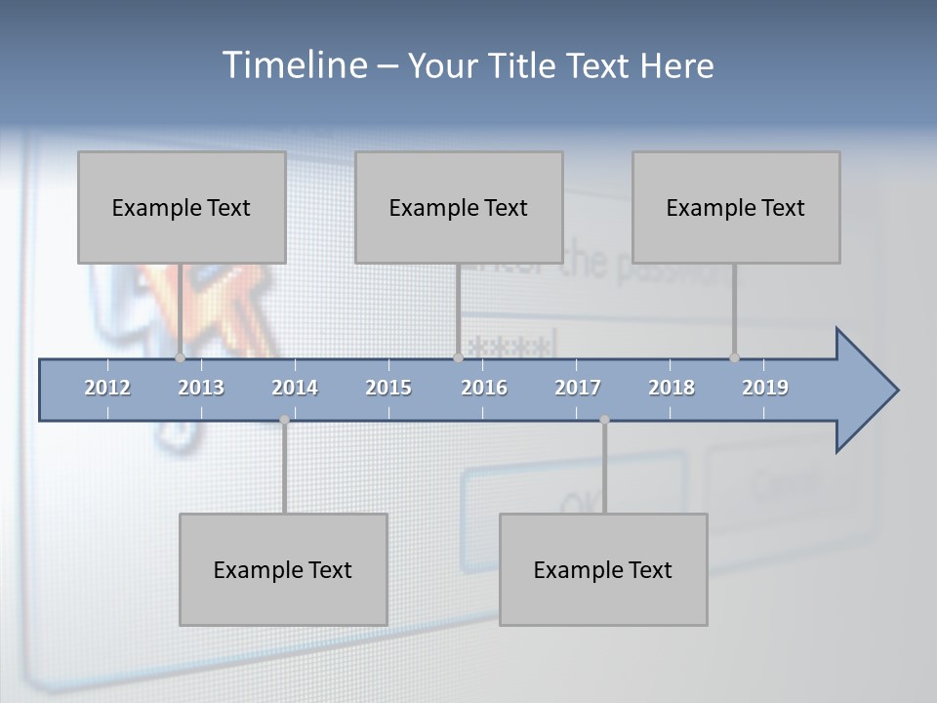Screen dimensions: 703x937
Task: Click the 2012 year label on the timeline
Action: click(107, 388)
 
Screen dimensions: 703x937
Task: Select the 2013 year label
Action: click(201, 388)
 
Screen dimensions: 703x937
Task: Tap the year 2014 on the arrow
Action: click(295, 388)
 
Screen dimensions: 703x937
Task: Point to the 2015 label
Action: click(388, 388)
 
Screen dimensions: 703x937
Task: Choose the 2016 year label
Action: click(484, 388)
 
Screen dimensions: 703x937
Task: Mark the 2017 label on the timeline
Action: click(578, 388)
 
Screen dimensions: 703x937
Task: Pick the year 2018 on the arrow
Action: click(672, 388)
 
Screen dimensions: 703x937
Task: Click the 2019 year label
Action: click(765, 388)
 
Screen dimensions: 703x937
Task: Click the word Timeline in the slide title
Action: click(294, 65)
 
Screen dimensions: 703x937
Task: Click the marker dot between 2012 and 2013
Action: click(181, 358)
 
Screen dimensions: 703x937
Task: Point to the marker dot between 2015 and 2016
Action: click(458, 358)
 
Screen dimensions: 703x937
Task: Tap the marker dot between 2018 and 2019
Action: click(734, 358)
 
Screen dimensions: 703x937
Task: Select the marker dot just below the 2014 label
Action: click(284, 420)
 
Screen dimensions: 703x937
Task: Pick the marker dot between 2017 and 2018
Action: click(604, 420)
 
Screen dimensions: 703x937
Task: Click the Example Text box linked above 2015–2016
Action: click(459, 207)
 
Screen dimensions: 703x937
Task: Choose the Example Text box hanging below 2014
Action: click(283, 569)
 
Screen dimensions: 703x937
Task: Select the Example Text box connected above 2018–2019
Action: click(736, 207)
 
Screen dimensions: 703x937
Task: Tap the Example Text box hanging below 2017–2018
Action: click(603, 569)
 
